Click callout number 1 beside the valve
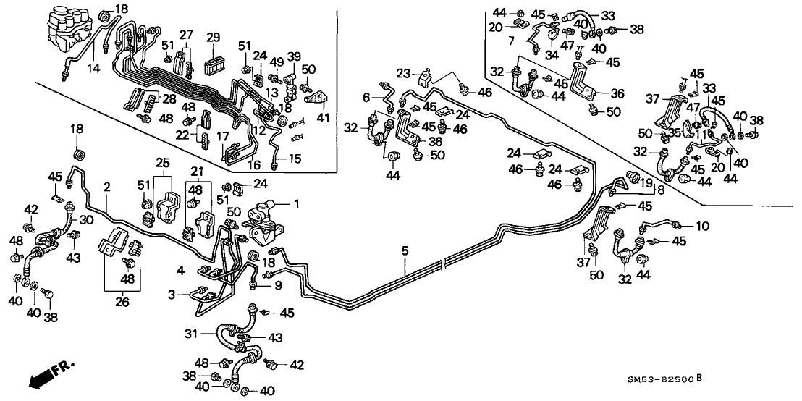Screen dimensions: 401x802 coord(295,203)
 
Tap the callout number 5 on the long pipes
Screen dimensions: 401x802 coord(406,251)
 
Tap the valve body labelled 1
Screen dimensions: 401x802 coord(263,216)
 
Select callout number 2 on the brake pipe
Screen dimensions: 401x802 coord(106,187)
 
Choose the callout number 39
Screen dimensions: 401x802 coord(294,56)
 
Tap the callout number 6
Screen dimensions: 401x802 coord(366,98)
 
